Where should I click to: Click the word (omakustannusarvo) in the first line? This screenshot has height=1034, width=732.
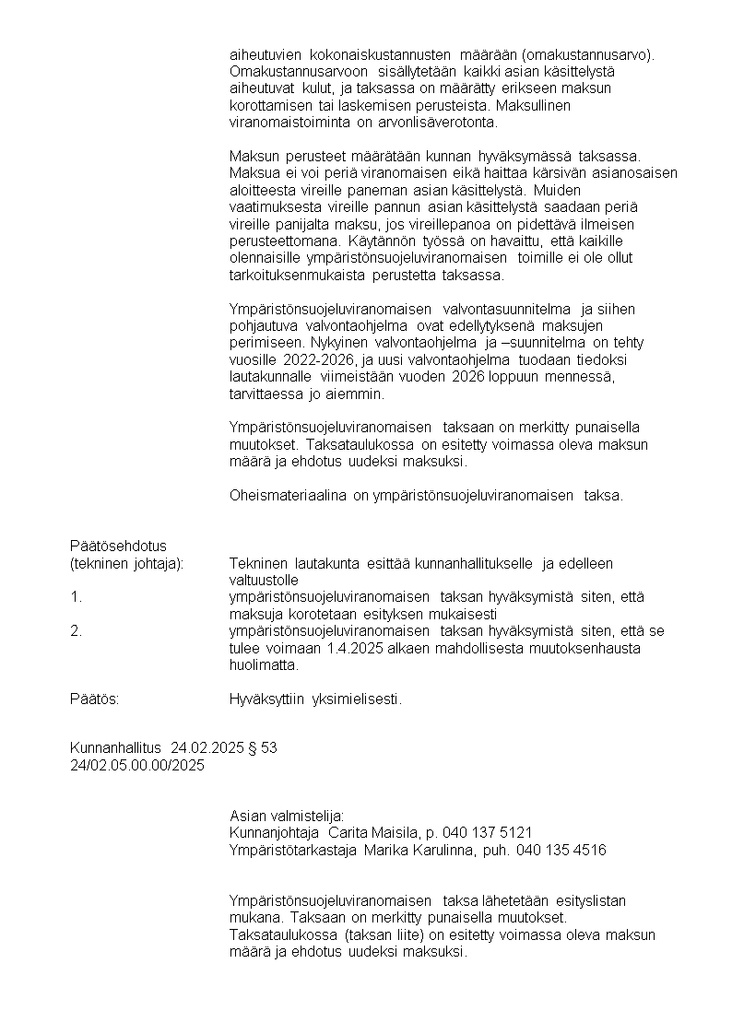coord(590,53)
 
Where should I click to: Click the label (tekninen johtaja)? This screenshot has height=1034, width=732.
coord(127,563)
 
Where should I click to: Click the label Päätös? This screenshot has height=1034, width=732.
coord(95,699)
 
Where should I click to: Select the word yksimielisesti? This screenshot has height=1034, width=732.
coord(358,699)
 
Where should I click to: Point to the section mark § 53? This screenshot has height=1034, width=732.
coord(263,747)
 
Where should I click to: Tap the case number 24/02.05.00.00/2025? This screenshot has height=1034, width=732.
coord(137,765)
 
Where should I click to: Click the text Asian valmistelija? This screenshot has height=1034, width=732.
coord(287,816)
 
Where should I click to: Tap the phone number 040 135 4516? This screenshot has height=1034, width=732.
coord(561,850)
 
